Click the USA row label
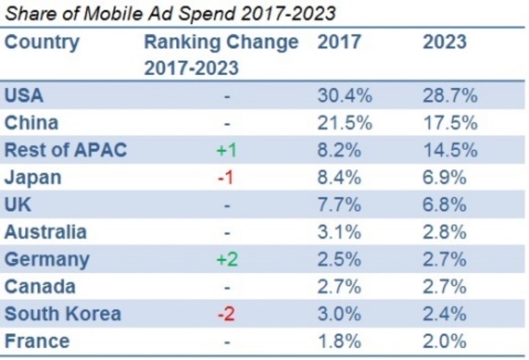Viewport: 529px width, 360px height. (x=24, y=96)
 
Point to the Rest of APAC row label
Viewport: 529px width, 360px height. (x=66, y=150)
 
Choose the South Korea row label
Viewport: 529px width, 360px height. (x=62, y=313)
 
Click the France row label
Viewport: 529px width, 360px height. (x=37, y=341)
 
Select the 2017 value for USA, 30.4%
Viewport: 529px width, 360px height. (x=344, y=96)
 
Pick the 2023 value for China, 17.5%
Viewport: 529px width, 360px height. (x=450, y=123)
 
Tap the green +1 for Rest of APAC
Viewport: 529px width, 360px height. (x=226, y=151)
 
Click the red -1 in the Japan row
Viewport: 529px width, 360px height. (x=226, y=178)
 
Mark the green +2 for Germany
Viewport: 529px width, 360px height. (x=226, y=260)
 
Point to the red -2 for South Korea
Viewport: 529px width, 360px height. (x=226, y=314)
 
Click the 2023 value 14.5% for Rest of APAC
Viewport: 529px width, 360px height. (x=450, y=150)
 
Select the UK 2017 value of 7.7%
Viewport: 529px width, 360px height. (x=339, y=205)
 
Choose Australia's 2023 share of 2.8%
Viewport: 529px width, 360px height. (x=444, y=232)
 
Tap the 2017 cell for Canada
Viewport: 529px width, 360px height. (x=339, y=287)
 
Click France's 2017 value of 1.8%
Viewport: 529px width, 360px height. (x=339, y=341)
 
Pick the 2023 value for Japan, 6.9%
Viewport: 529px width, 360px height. (x=444, y=178)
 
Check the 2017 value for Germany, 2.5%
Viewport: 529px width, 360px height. (x=339, y=260)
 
